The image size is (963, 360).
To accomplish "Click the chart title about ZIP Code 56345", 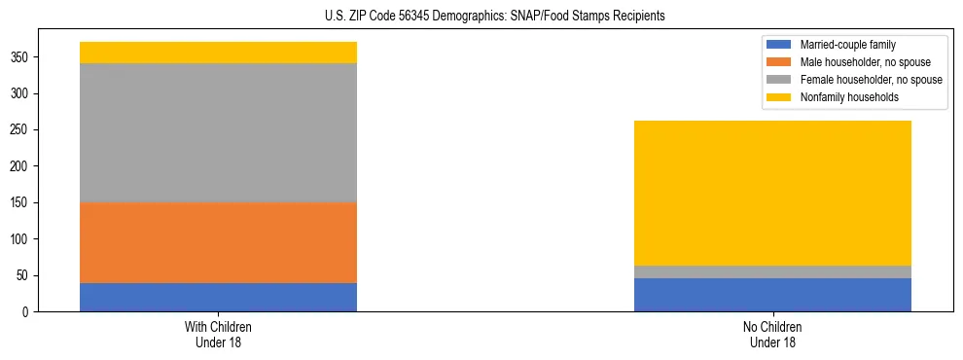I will (481, 17).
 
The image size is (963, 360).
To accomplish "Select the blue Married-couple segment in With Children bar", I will (218, 297).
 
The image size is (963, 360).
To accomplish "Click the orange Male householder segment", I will (218, 242).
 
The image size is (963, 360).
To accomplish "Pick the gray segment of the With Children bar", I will (218, 132).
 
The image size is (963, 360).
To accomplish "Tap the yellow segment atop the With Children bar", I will (218, 53).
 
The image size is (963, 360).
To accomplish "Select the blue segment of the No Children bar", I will (772, 295).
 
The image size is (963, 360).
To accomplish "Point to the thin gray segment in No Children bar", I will (772, 271).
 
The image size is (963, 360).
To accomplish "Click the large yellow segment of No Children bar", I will (772, 193).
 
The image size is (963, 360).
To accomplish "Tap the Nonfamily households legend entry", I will (841, 97).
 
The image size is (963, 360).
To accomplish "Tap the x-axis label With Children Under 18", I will (218, 334).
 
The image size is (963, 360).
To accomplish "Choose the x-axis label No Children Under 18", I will (772, 334).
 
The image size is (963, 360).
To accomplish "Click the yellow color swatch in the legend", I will (779, 97).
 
